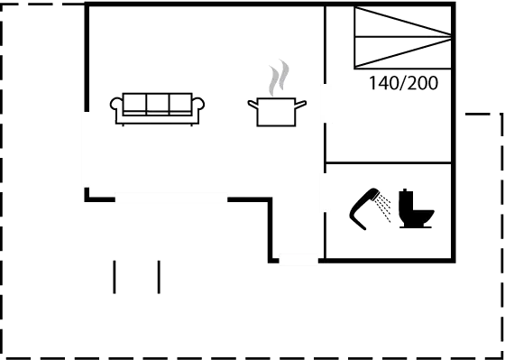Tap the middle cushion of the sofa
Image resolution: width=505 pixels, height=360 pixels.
158,103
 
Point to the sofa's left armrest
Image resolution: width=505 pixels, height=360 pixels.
115,104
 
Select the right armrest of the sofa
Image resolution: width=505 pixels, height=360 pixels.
199,104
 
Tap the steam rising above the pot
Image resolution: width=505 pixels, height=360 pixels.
278,78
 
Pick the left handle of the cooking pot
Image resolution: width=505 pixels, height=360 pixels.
251,106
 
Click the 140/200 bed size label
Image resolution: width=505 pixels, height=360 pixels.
403,84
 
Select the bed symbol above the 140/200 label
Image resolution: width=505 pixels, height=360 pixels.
402,38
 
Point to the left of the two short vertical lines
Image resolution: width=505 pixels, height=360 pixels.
115,276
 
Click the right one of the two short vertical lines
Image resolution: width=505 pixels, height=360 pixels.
159,276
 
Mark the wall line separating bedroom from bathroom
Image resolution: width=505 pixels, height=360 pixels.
388,162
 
